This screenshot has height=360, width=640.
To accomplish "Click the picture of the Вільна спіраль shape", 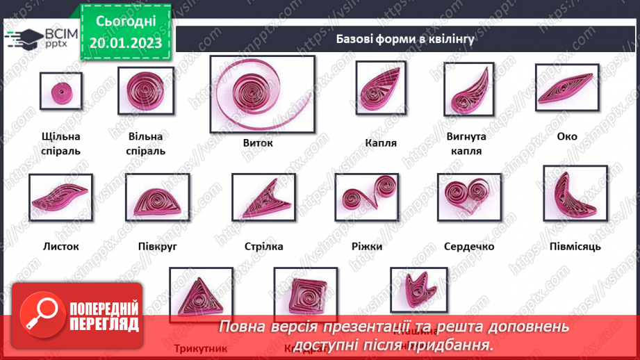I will [145, 91].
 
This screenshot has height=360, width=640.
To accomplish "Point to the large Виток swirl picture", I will [262, 94].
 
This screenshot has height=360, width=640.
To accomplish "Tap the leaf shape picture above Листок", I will [60, 197].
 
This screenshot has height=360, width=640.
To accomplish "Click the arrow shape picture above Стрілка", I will [263, 197].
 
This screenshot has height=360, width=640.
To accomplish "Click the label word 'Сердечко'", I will [468, 247].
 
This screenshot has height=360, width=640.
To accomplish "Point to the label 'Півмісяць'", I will [575, 247].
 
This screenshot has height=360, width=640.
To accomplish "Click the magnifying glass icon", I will [39, 315].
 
